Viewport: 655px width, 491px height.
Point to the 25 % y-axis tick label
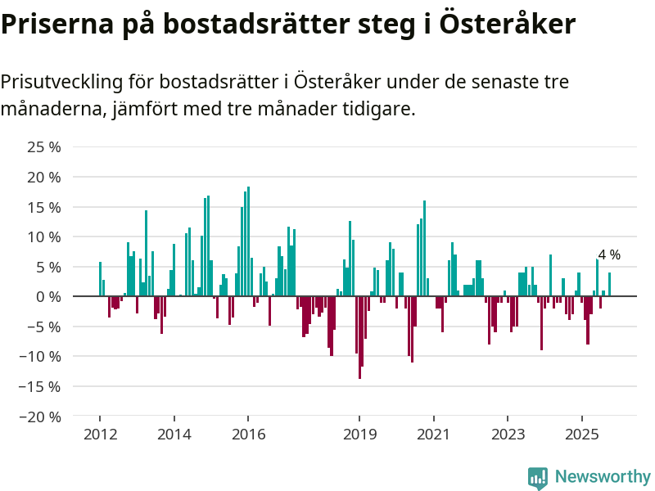[x=44, y=147]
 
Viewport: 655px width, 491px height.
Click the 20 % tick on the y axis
[x=44, y=177]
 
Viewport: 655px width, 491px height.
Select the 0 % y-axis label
[x=48, y=296]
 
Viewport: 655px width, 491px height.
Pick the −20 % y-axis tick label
[x=40, y=417]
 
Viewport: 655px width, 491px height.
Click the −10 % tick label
[x=40, y=356]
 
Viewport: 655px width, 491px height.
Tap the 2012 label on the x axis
[x=99, y=435]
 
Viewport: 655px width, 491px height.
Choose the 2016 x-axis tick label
[x=248, y=435]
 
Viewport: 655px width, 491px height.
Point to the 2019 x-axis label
[x=359, y=435]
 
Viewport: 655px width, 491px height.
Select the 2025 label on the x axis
[x=582, y=435]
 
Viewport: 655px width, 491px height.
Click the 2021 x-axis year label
[x=433, y=435]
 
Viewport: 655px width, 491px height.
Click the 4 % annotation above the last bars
[x=609, y=255]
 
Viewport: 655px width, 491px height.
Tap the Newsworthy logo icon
[x=538, y=477]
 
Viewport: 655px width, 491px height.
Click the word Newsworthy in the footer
[x=603, y=476]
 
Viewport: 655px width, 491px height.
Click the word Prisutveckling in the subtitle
[x=63, y=82]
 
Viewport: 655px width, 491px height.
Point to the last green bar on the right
[x=609, y=284]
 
